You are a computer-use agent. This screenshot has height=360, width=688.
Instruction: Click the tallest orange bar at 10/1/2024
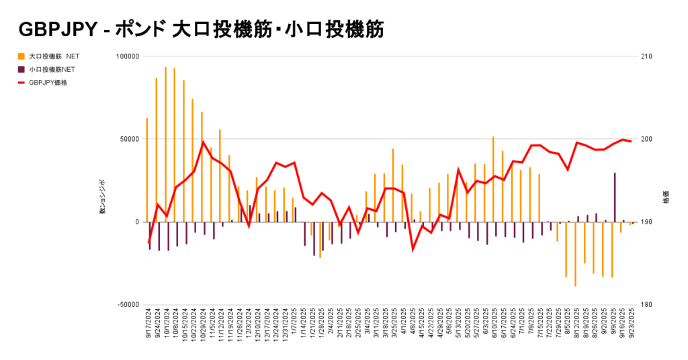pos(165,144)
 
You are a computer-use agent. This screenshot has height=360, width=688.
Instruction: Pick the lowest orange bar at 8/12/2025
pos(575,254)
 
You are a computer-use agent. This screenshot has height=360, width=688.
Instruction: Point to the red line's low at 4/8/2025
pos(413,249)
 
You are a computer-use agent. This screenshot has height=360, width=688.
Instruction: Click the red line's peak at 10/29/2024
pos(203,142)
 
